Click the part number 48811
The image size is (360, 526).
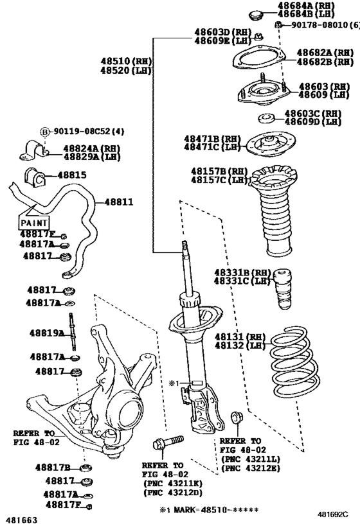[x=119, y=202]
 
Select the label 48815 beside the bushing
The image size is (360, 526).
[x=71, y=174]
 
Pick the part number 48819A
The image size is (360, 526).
[x=46, y=333]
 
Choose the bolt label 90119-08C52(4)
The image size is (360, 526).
[x=82, y=132]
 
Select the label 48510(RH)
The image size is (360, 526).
[x=125, y=62]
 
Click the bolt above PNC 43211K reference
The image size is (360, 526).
[x=166, y=443]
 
